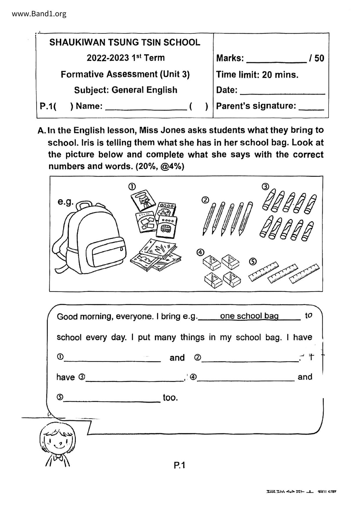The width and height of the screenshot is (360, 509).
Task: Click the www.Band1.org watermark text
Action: pyautogui.click(x=39, y=14)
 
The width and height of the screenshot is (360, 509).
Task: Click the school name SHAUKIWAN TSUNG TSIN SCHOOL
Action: pyautogui.click(x=125, y=42)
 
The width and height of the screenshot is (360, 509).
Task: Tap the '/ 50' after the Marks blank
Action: pyautogui.click(x=317, y=58)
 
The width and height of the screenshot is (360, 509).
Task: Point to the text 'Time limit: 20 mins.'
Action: pyautogui.click(x=257, y=75)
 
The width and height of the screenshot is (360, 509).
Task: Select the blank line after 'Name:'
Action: pyautogui.click(x=146, y=107)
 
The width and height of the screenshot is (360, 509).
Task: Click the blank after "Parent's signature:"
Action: pyautogui.click(x=311, y=107)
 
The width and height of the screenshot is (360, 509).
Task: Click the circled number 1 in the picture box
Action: pyautogui.click(x=132, y=187)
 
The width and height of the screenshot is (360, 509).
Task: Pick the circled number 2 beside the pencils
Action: pyautogui.click(x=205, y=200)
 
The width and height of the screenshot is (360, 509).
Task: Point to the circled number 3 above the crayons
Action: pyautogui.click(x=265, y=187)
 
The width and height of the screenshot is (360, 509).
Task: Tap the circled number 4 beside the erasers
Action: pyautogui.click(x=200, y=252)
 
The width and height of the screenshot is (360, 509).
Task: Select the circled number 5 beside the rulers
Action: pyautogui.click(x=253, y=262)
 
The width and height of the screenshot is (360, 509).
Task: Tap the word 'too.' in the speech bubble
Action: pyautogui.click(x=170, y=397)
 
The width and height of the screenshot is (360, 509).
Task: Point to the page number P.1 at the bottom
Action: pyautogui.click(x=179, y=465)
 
